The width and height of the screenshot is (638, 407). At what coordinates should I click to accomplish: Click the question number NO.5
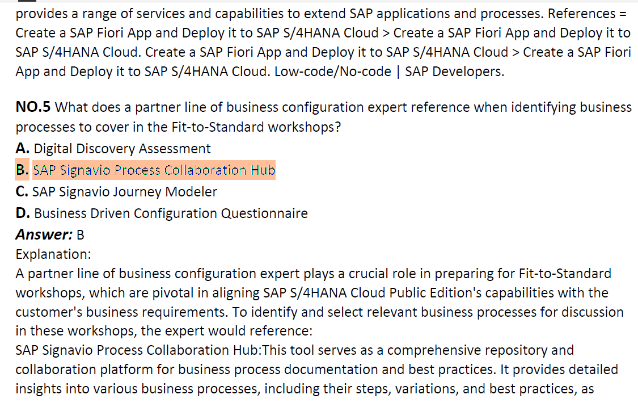(33, 107)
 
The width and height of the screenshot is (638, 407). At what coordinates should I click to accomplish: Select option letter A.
(22, 149)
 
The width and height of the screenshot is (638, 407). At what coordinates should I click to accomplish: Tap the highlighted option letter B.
(22, 170)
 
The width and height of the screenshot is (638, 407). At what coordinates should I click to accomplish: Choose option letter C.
(22, 191)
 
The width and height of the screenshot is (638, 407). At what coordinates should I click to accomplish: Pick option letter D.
(23, 213)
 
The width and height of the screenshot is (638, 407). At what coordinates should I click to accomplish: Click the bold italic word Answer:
(44, 234)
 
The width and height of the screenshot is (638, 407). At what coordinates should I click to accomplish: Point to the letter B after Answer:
(80, 235)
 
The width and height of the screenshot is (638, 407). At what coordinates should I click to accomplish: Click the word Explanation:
(53, 255)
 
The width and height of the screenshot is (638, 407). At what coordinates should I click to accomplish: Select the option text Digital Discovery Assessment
(122, 149)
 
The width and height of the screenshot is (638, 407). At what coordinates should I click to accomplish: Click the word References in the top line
(581, 14)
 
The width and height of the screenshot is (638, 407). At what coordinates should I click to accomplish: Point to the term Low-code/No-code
(333, 72)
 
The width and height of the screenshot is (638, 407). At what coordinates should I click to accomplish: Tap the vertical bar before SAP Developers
(398, 72)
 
